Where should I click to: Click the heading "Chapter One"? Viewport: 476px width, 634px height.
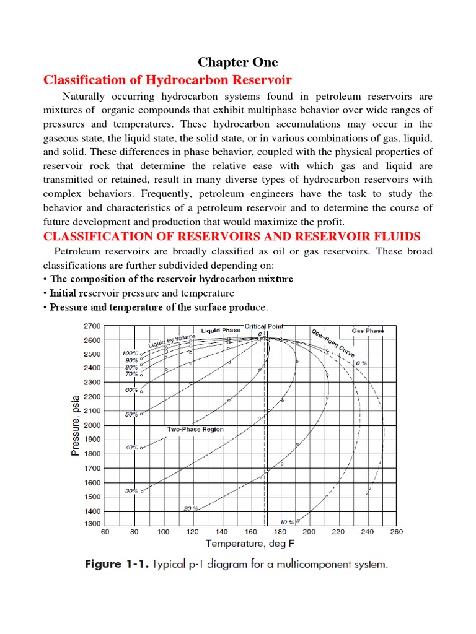238,62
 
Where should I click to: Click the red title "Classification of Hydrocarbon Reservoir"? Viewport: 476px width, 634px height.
167,80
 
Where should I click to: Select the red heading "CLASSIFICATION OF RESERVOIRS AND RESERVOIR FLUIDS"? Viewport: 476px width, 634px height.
231,236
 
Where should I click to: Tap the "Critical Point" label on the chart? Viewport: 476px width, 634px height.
263,326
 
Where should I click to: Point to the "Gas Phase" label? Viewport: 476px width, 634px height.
368,331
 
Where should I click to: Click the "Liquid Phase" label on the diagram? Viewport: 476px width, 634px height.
221,331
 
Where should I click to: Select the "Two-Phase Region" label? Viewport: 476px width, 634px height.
195,428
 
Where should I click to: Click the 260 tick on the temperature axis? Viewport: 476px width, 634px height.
397,531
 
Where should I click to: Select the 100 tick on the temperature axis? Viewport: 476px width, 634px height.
163,531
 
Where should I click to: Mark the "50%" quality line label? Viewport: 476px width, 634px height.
131,414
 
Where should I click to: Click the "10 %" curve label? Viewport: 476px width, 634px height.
287,522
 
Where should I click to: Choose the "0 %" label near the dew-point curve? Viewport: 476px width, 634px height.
361,363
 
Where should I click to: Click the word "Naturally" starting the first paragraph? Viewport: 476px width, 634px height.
87,97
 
